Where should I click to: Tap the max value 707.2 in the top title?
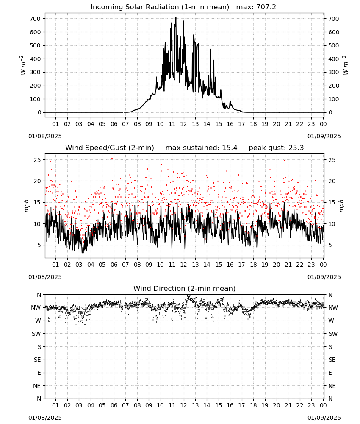266,7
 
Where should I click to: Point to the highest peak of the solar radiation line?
176,17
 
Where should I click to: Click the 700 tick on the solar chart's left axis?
35,19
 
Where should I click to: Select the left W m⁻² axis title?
23,65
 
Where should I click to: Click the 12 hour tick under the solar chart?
184,124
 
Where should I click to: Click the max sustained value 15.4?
230,148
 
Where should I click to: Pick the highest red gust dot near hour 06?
112,159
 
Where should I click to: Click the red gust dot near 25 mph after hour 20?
284,160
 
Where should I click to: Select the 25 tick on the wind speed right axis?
332,160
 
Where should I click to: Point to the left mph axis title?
26,206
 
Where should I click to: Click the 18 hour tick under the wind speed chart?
253,265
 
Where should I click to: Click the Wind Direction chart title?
185,288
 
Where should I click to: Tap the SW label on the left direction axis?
36,334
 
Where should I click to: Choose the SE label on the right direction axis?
332,360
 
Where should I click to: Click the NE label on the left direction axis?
37,386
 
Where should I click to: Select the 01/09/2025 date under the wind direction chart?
324,418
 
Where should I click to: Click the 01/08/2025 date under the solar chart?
45,136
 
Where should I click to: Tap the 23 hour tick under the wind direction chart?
311,405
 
